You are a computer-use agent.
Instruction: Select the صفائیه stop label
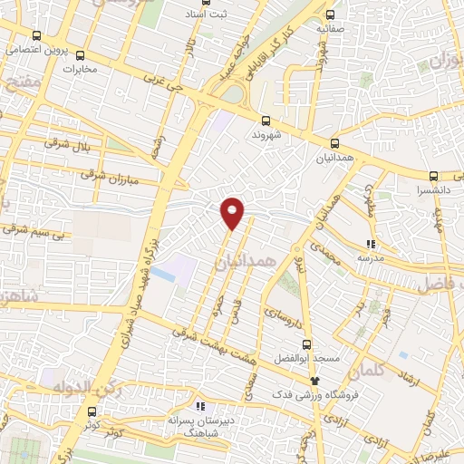(331, 29)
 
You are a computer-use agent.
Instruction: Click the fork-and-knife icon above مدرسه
(370, 243)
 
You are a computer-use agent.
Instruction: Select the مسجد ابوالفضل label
(310, 358)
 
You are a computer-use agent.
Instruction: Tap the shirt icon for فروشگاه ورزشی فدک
(315, 382)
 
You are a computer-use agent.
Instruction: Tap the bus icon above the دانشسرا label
(434, 176)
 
